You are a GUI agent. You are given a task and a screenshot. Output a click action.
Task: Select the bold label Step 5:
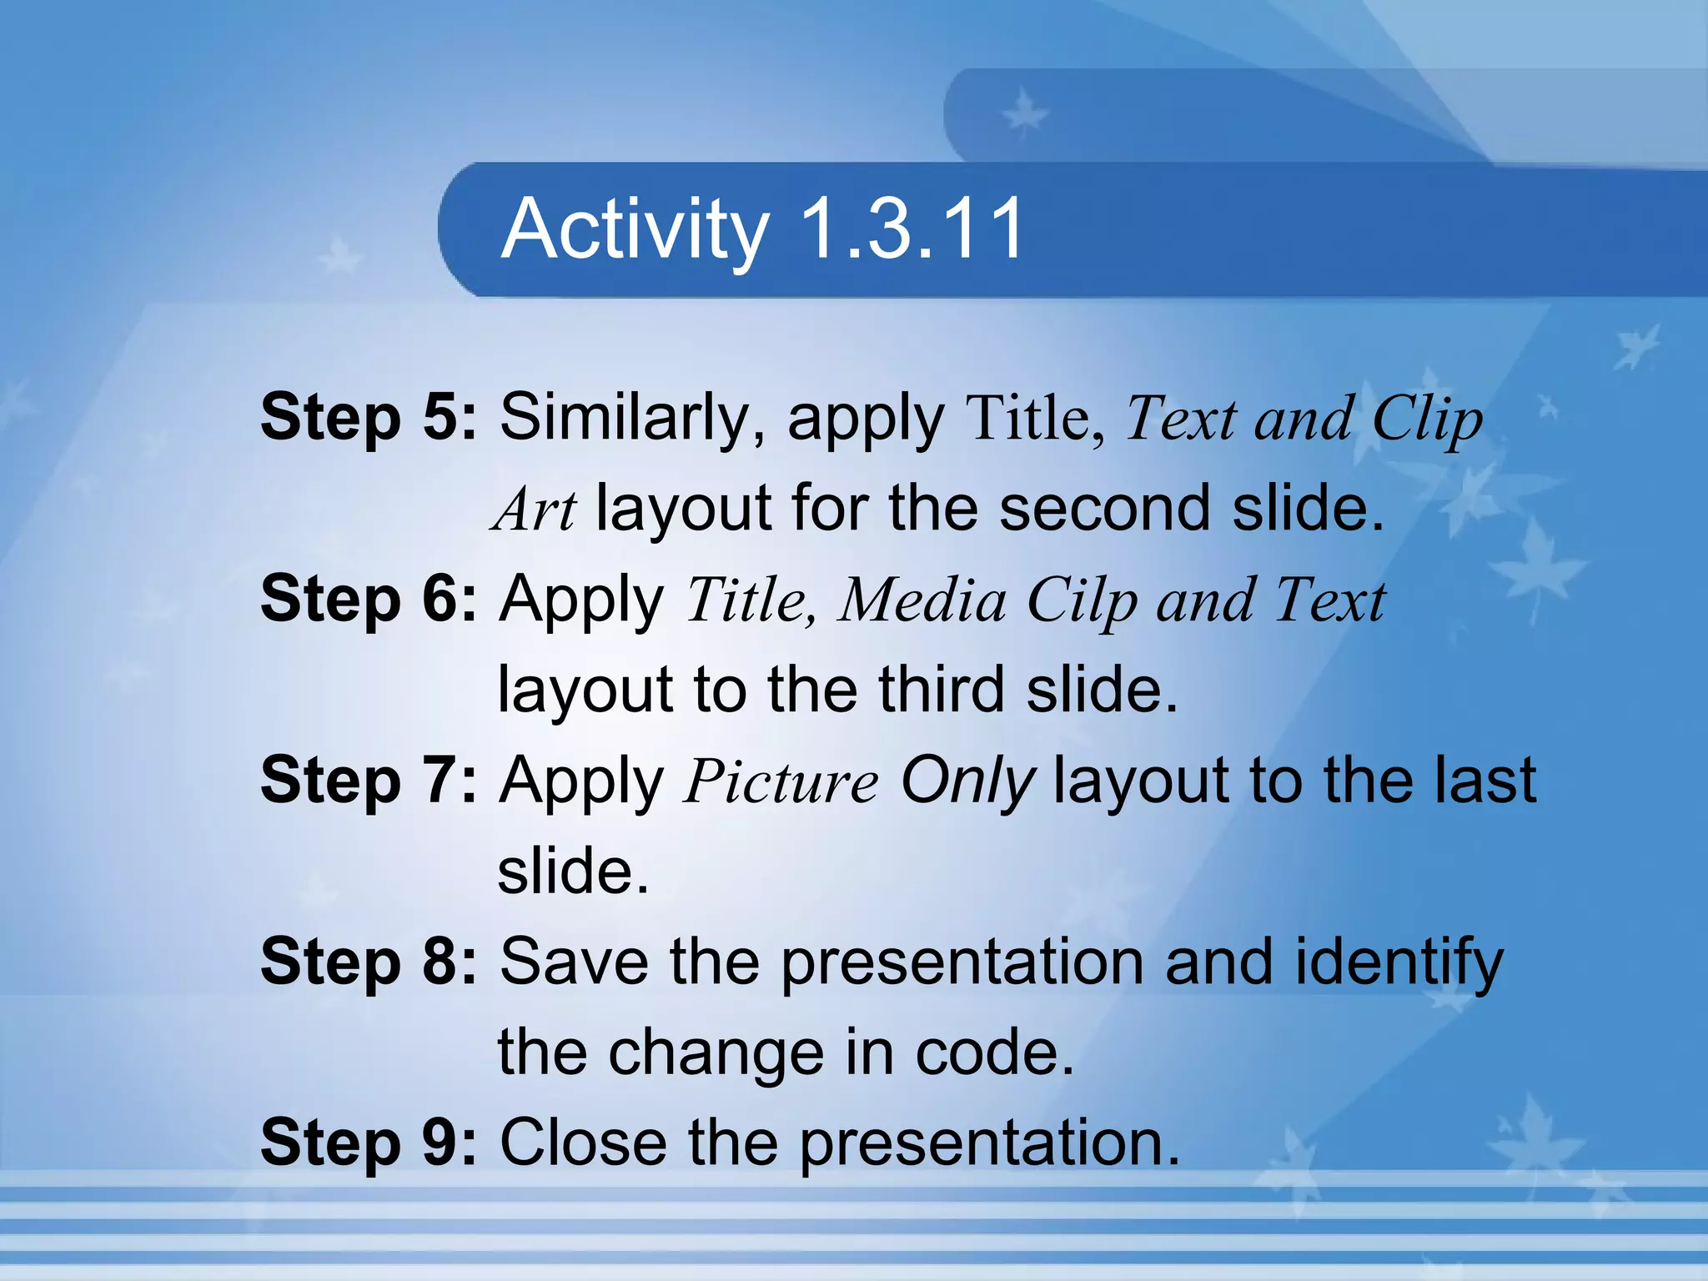[369, 417]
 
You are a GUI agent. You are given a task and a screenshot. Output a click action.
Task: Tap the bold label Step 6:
[369, 599]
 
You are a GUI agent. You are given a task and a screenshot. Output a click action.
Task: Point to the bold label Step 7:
[369, 780]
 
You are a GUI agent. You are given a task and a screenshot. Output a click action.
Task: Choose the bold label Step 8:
[369, 962]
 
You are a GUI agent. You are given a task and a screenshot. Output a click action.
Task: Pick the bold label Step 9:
[369, 1143]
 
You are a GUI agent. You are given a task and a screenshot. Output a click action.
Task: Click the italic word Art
[535, 509]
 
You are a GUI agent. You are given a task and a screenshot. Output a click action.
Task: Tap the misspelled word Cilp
[1081, 600]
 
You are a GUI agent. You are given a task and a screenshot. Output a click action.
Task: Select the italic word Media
[922, 600]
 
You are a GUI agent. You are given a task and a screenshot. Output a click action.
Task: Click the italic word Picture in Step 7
[781, 781]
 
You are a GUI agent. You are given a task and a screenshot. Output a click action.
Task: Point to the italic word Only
[967, 781]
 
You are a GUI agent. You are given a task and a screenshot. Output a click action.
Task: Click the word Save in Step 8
[573, 962]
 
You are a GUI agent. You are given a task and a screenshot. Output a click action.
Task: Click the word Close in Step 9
[583, 1143]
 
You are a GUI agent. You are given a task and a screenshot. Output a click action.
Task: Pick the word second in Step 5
[1104, 509]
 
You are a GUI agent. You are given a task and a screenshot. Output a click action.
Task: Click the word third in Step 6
[942, 690]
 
